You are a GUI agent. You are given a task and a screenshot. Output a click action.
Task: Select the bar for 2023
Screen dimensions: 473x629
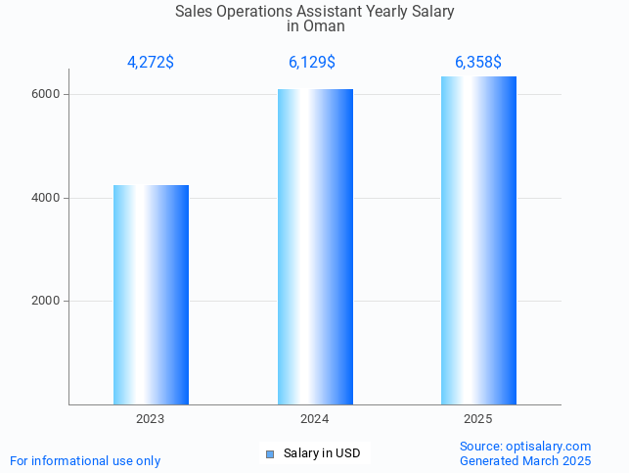pyautogui.click(x=151, y=295)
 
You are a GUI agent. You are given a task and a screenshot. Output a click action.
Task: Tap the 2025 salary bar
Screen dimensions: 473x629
pyautogui.click(x=478, y=241)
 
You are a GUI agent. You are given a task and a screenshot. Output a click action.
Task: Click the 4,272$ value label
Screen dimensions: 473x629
pyautogui.click(x=151, y=63)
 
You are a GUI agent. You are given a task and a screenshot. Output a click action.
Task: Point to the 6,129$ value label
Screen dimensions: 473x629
pyautogui.click(x=312, y=63)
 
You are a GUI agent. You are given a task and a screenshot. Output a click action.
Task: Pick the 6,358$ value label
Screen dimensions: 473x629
pyautogui.click(x=478, y=63)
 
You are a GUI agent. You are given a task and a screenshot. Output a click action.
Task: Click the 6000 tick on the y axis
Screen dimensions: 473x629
pyautogui.click(x=48, y=95)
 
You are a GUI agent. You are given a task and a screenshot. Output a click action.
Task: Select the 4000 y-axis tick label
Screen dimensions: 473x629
pyautogui.click(x=48, y=198)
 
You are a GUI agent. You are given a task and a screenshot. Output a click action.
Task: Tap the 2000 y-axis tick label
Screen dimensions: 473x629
pyautogui.click(x=48, y=302)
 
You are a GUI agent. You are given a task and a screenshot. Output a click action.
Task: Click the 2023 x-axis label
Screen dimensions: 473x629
pyautogui.click(x=151, y=419)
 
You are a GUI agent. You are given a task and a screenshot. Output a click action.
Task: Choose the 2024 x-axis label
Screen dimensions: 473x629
pyautogui.click(x=315, y=419)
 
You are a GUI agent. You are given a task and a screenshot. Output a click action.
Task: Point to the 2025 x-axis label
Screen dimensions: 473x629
pyautogui.click(x=478, y=419)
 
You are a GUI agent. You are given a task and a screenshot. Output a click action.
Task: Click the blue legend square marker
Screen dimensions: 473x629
pyautogui.click(x=270, y=454)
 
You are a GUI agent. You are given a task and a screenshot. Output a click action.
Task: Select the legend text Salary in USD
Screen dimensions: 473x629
pyautogui.click(x=322, y=454)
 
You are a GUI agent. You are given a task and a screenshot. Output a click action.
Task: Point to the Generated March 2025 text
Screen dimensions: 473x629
pyautogui.click(x=525, y=461)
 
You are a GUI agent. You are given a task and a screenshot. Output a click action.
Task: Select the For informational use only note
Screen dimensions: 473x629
pyautogui.click(x=85, y=461)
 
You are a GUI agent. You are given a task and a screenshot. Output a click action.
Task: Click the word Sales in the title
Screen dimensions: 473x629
pyautogui.click(x=194, y=12)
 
